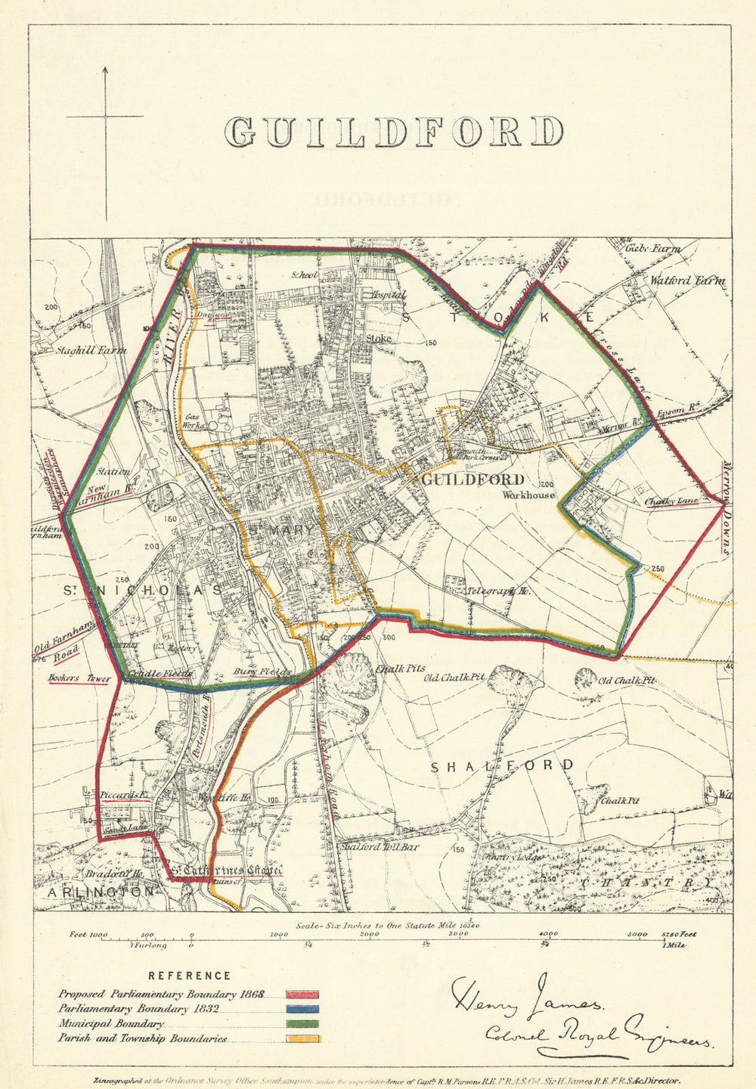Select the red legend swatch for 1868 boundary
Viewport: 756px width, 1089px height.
pos(302,994)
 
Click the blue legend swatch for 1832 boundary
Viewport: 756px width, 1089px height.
pos(302,1009)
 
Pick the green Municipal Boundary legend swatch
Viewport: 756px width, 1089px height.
pos(302,1024)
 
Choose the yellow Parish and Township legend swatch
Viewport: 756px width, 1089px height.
pos(302,1038)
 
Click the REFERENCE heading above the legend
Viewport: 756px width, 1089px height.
pos(189,976)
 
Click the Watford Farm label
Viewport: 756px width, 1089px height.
pos(687,281)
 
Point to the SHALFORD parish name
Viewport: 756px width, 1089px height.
pos(502,767)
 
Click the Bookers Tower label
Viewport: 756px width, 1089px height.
pos(79,678)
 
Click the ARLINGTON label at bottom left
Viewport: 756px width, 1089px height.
pos(100,892)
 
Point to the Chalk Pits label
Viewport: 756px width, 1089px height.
pos(401,669)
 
